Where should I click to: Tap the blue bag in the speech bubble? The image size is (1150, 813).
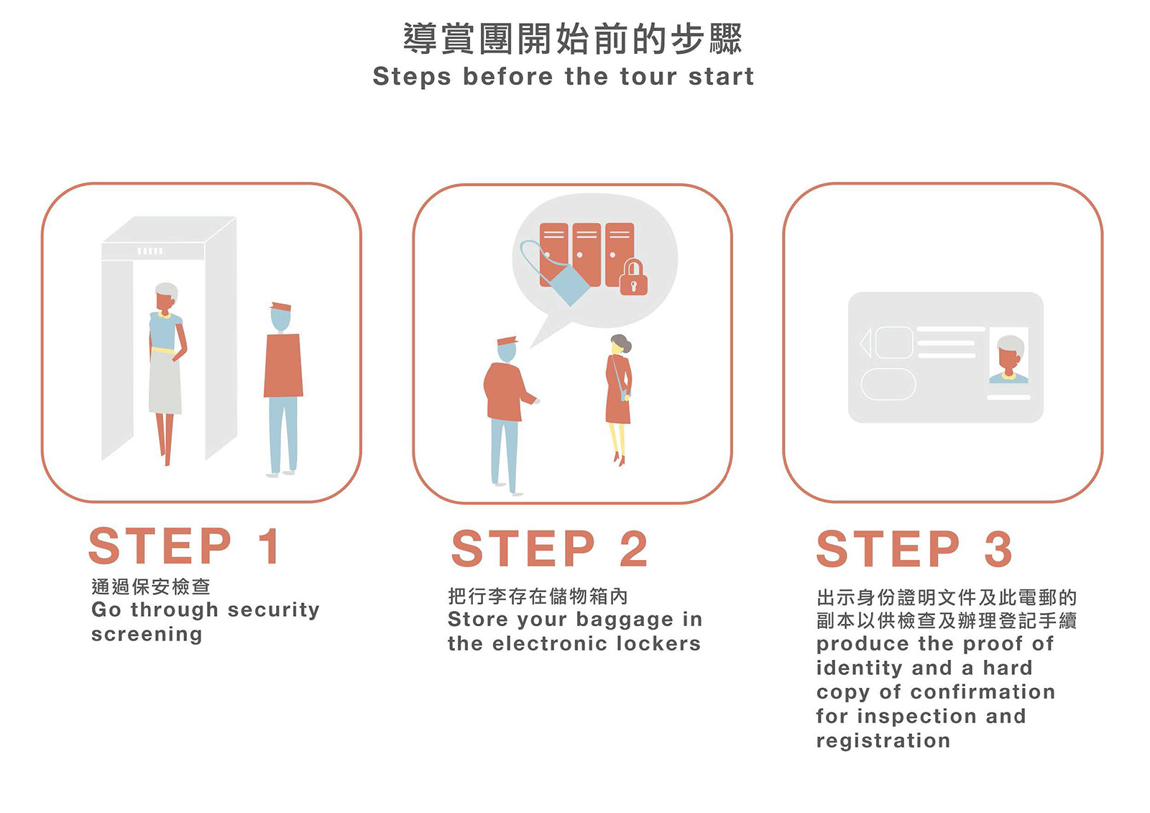click(569, 285)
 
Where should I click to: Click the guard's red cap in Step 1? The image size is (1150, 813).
click(280, 307)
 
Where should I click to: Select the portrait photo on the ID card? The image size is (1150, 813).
click(1008, 355)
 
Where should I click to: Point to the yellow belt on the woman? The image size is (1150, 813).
click(163, 351)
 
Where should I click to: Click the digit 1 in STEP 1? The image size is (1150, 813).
click(270, 546)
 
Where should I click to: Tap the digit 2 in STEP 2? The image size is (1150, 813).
click(633, 548)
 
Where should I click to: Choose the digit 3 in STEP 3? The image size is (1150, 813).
click(998, 548)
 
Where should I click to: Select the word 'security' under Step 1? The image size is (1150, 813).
click(274, 611)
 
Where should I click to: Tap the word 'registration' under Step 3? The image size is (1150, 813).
click(883, 741)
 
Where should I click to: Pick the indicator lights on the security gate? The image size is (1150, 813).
click(150, 251)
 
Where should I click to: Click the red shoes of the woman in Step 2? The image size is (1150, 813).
click(620, 459)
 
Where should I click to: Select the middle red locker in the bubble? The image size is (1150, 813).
click(586, 254)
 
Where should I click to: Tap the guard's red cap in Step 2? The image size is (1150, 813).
click(507, 341)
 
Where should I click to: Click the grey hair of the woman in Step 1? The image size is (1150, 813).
click(167, 290)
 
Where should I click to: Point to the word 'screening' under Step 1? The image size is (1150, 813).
click(147, 635)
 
